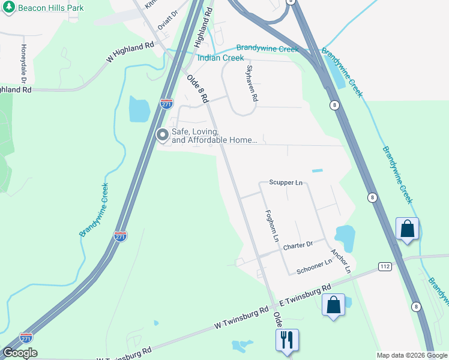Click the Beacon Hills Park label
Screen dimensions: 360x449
pyautogui.click(x=51, y=8)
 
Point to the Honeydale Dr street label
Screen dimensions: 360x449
pyautogui.click(x=24, y=63)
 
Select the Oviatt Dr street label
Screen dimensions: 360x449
pyautogui.click(x=167, y=20)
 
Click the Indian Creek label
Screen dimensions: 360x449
pyautogui.click(x=221, y=58)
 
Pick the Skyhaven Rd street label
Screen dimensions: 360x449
pyautogui.click(x=251, y=83)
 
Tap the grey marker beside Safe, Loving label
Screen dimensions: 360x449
pyautogui.click(x=162, y=136)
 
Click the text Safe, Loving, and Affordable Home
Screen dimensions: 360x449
pyautogui.click(x=215, y=136)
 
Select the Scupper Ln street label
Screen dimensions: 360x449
pyautogui.click(x=286, y=182)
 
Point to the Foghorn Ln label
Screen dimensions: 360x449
pyautogui.click(x=273, y=226)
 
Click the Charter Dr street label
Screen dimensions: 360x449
pyautogui.click(x=298, y=245)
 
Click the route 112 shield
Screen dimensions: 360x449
pyautogui.click(x=385, y=266)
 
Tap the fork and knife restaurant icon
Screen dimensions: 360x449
pyautogui.click(x=287, y=340)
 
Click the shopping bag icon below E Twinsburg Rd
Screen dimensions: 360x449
pyautogui.click(x=334, y=304)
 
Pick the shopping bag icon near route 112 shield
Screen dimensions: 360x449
pyautogui.click(x=407, y=229)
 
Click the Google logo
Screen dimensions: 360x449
pyautogui.click(x=19, y=353)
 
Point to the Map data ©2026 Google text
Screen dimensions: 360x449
pyautogui.click(x=412, y=355)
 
